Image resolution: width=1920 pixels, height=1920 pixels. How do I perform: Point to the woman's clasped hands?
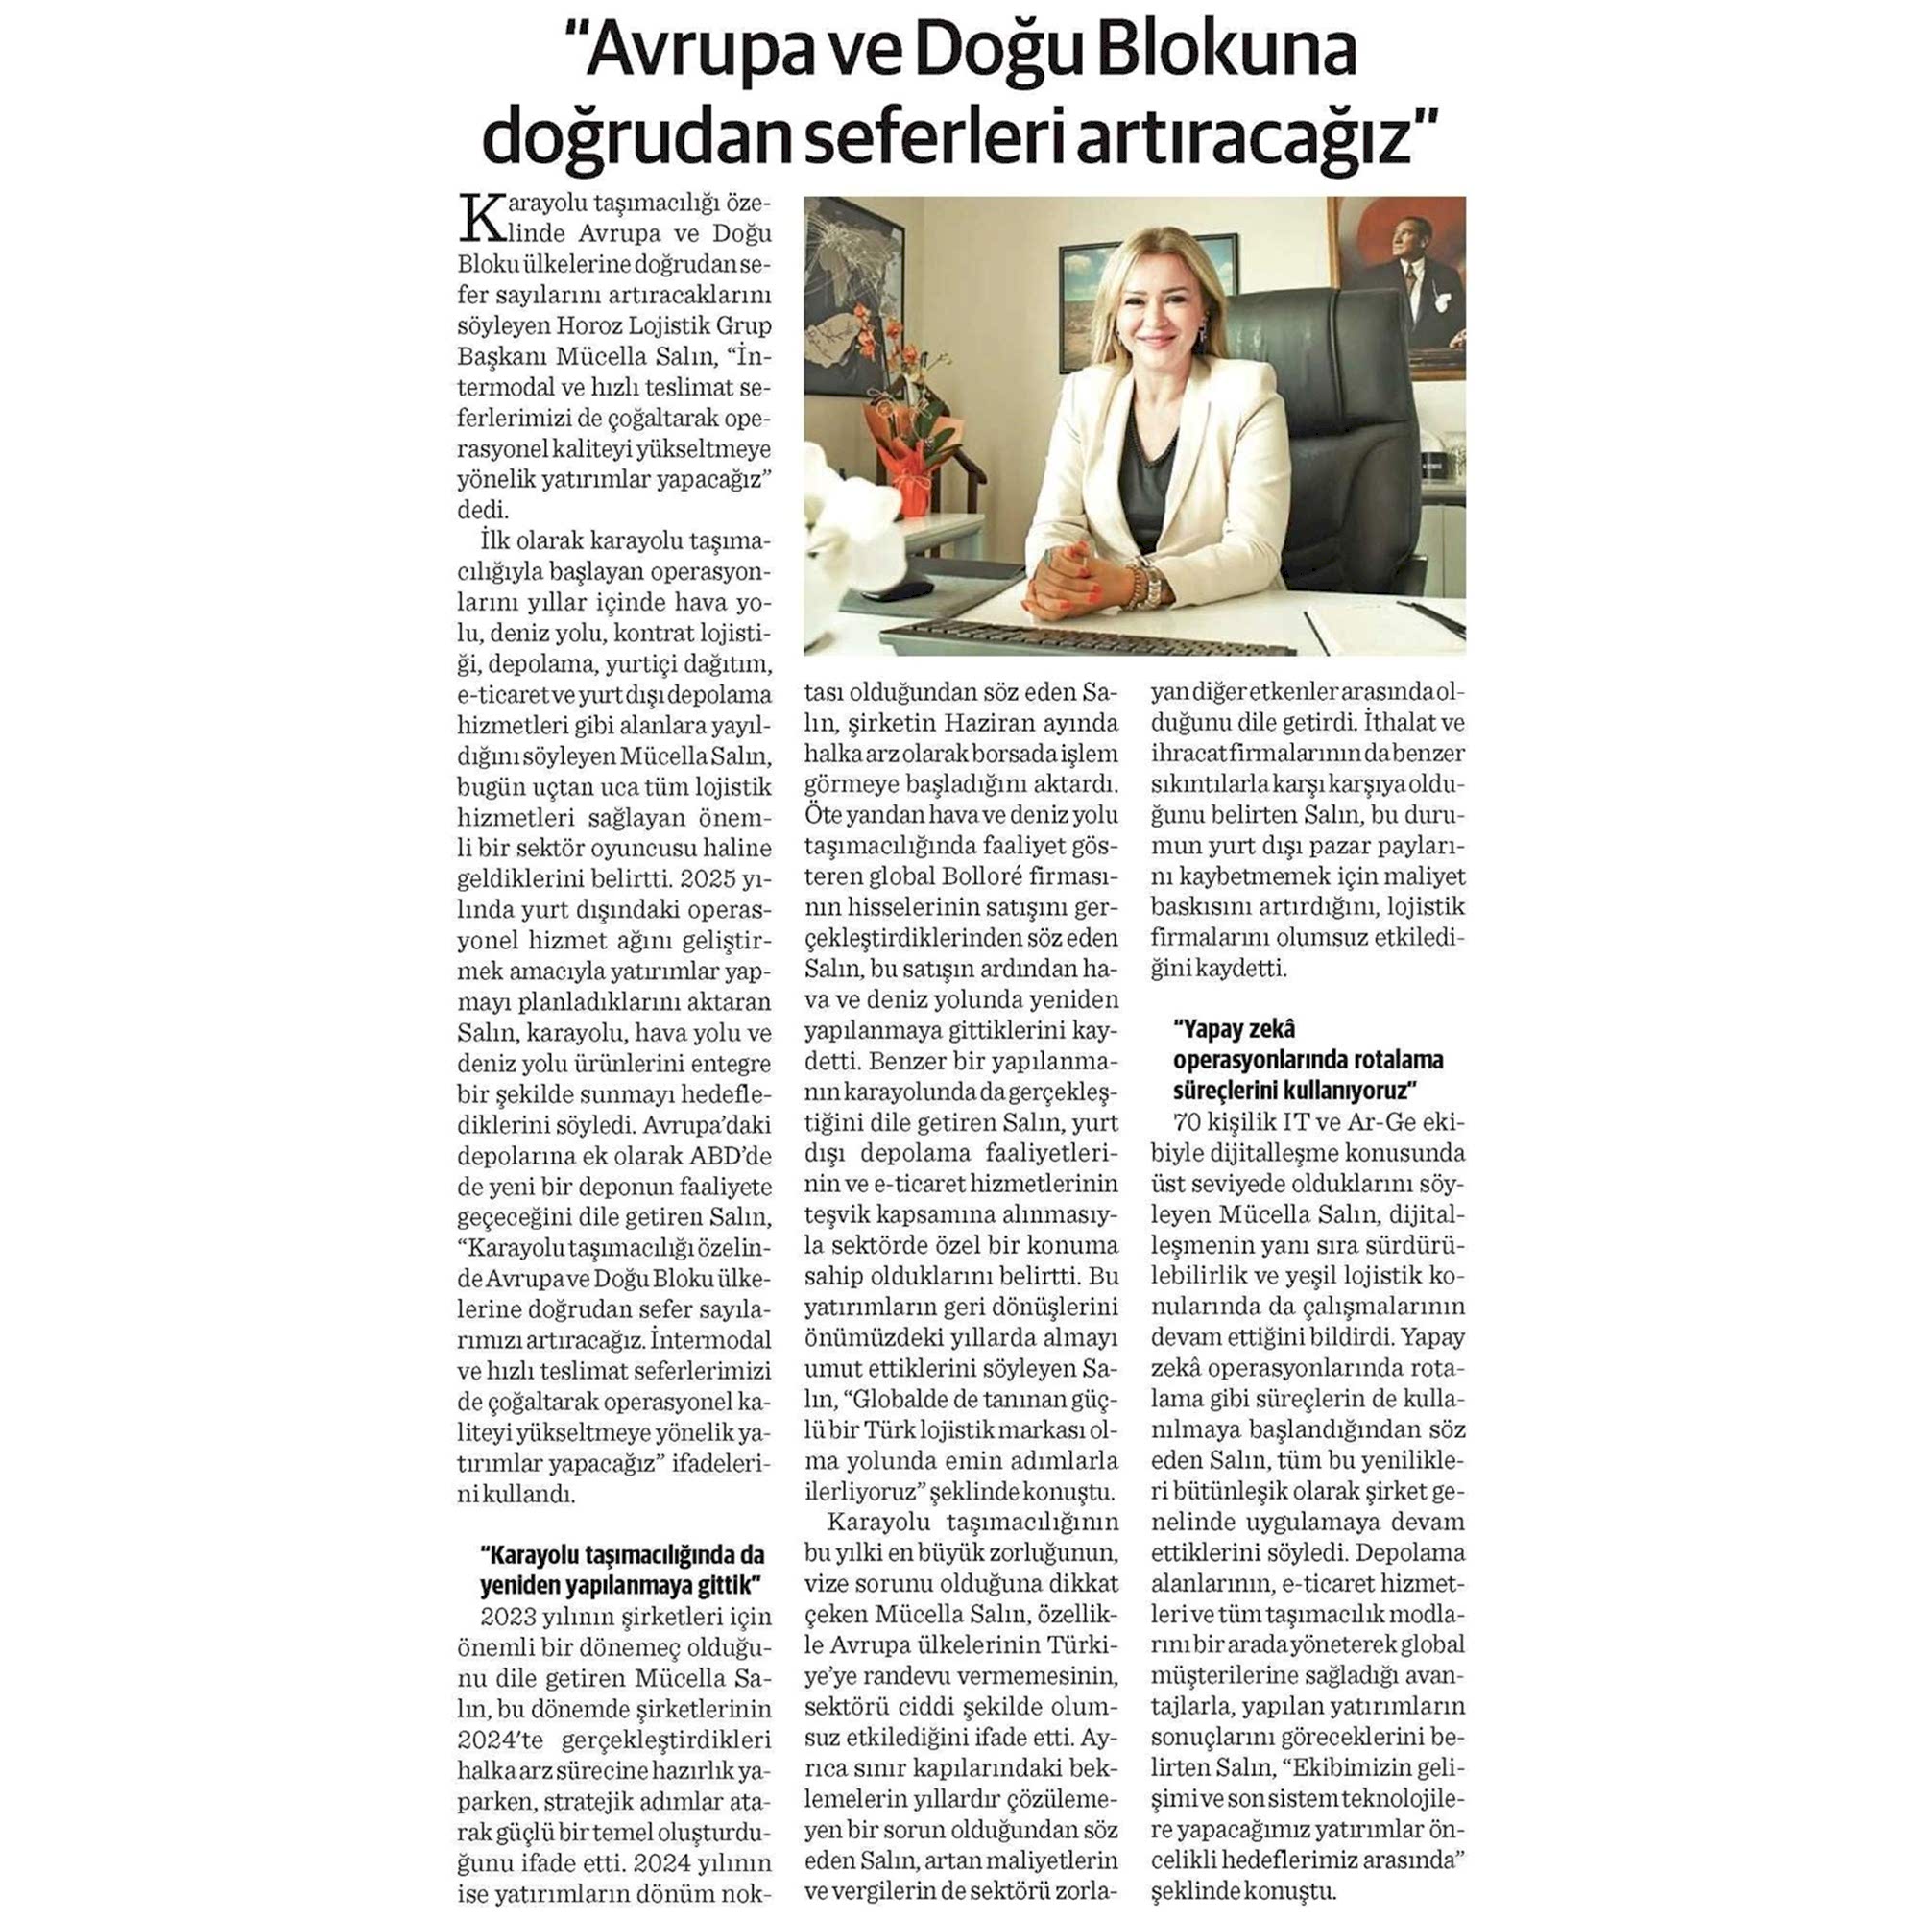[1065, 576]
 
